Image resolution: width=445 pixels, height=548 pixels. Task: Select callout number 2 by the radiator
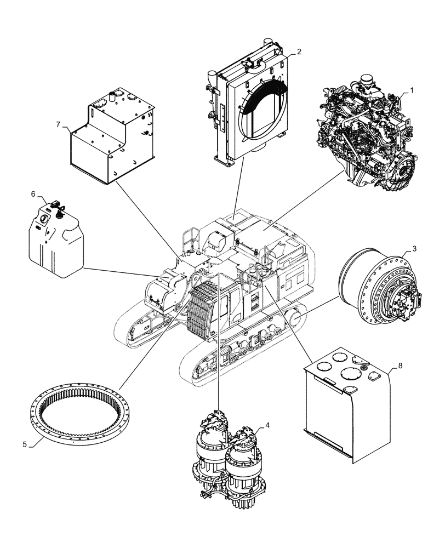pos(299,52)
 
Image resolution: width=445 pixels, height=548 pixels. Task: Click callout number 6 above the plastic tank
pos(33,195)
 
